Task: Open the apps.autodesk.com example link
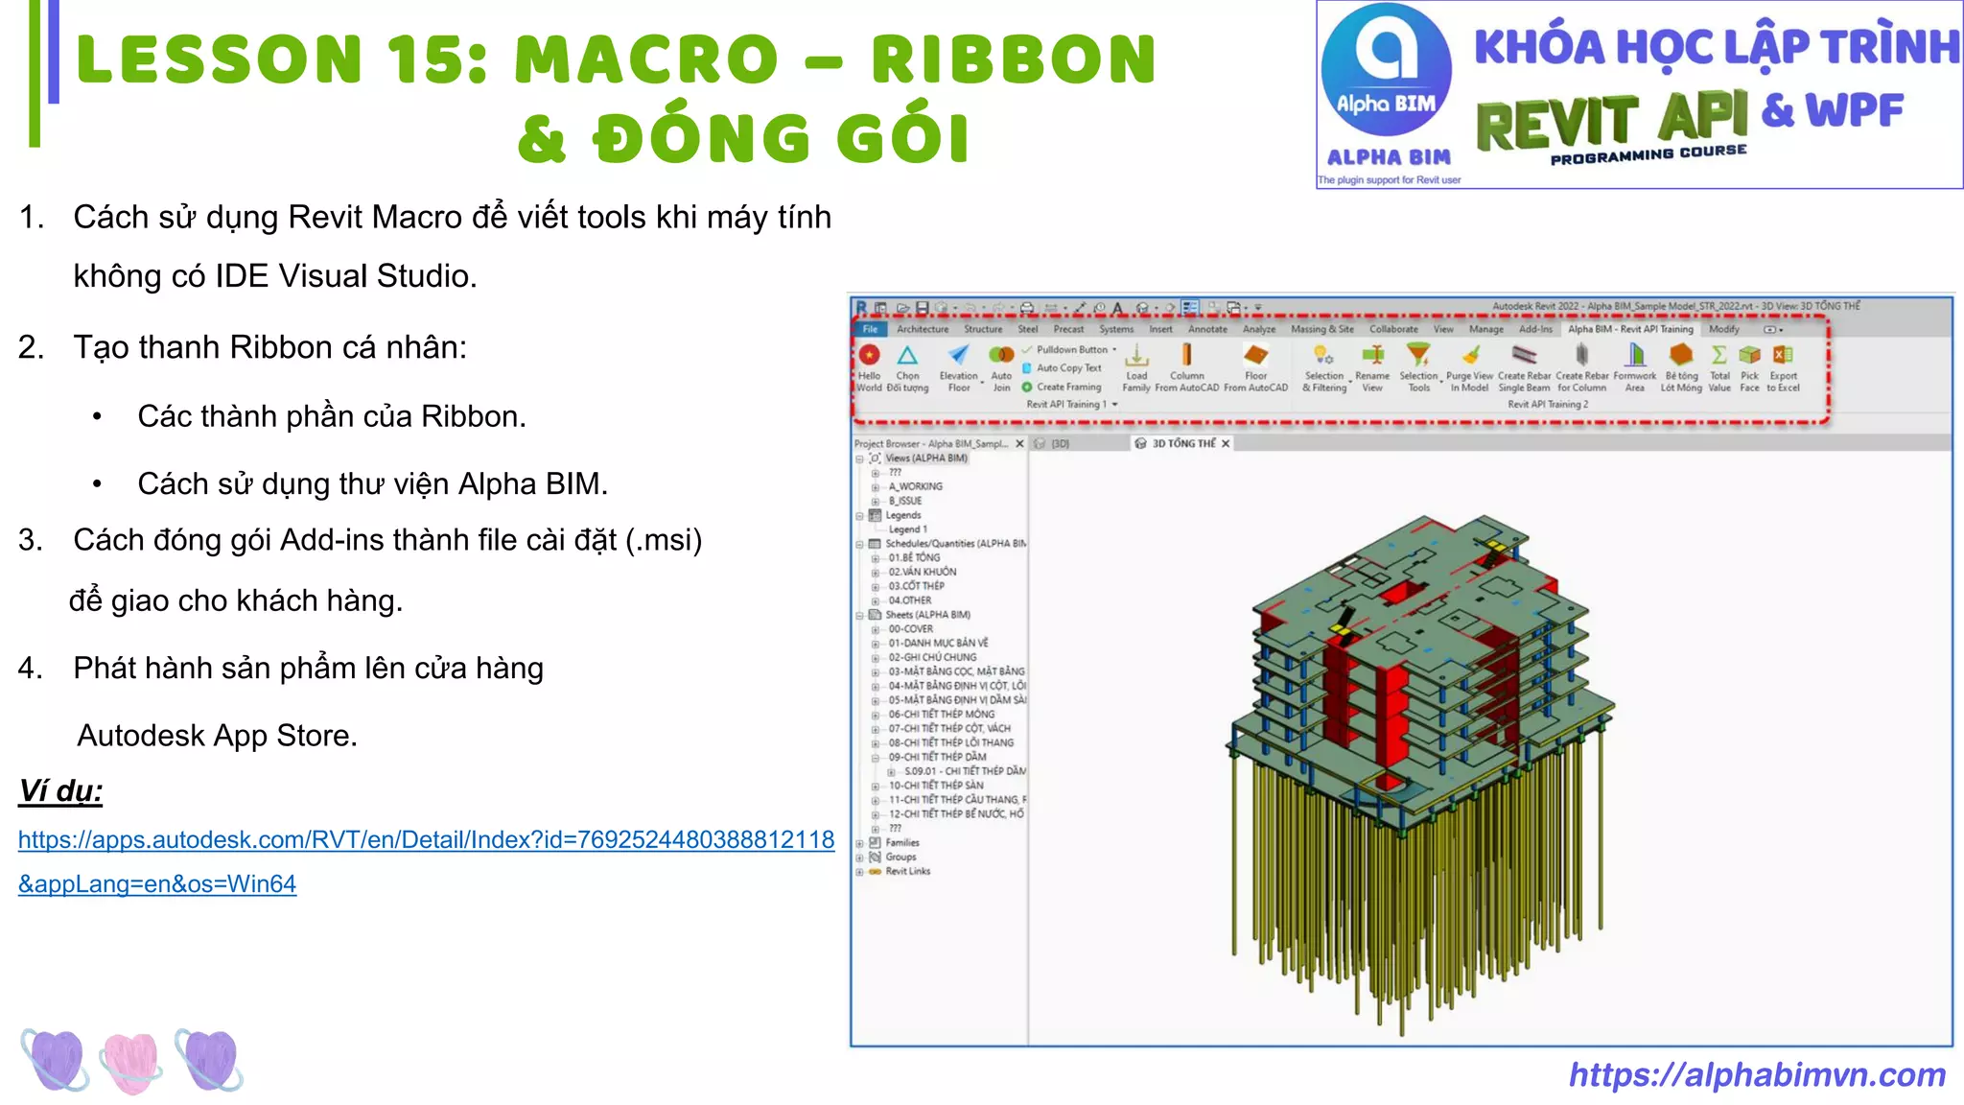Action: pos(426,840)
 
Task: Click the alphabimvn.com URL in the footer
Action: pos(1757,1074)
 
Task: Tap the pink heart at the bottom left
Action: pos(131,1061)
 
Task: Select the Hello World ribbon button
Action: pos(870,367)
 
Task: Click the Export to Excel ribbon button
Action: pos(1783,367)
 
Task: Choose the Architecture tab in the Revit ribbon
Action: pos(923,329)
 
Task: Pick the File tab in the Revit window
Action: pos(870,329)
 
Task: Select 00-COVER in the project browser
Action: pos(910,629)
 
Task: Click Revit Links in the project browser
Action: pos(907,871)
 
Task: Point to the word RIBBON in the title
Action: pos(1014,59)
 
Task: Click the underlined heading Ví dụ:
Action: pos(60,791)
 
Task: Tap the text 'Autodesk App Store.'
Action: pos(217,736)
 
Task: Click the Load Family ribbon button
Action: pos(1136,367)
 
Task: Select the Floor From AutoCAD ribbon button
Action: pos(1255,367)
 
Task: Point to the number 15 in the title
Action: pos(437,59)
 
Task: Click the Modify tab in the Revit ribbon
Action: pos(1723,329)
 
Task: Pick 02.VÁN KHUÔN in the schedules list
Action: pos(922,572)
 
